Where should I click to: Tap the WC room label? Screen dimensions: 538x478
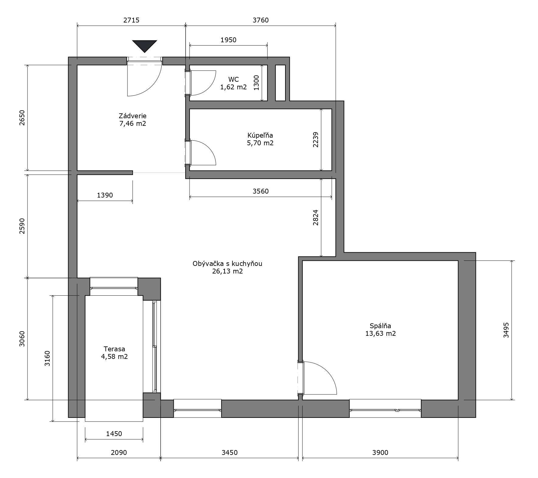point(233,79)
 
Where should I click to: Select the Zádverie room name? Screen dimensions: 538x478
point(133,116)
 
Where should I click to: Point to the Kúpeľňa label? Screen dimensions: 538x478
point(260,135)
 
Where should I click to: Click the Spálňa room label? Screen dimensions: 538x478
point(380,326)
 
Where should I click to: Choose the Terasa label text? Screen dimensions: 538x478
point(114,349)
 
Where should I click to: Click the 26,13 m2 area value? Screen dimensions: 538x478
point(228,271)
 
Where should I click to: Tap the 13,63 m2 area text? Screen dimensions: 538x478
point(380,334)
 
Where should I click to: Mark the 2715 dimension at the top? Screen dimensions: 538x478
point(131,20)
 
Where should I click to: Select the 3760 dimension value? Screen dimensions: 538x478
point(261,20)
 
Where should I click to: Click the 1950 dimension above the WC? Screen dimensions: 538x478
point(229,40)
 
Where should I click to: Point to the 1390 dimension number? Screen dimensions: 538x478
point(105,195)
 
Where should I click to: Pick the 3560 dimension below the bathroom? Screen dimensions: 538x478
point(261,191)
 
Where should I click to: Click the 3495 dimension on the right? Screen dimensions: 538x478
point(506,330)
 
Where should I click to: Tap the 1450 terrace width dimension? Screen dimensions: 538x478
point(114,434)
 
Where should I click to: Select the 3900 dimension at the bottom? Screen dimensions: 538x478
point(380,452)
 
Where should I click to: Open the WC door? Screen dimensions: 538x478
point(203,83)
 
